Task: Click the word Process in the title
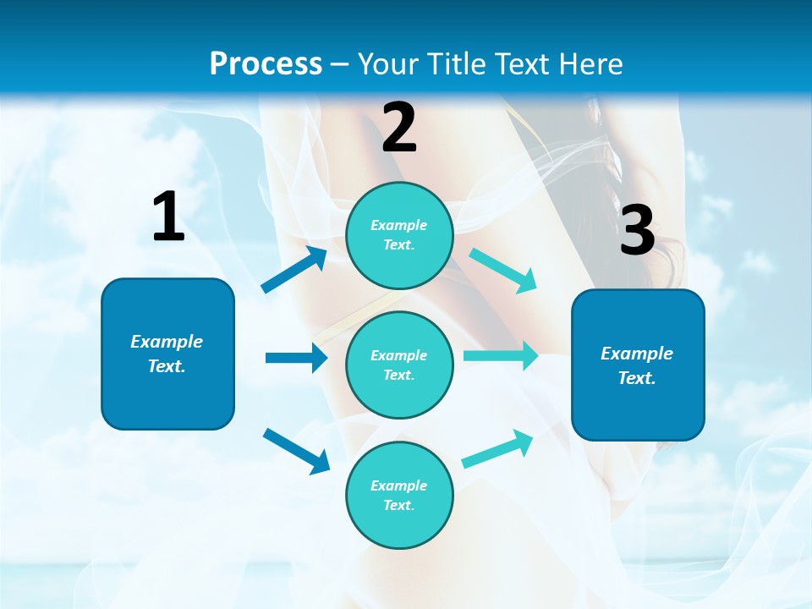coord(266,64)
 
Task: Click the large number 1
coord(167,217)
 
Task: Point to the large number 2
coord(399,128)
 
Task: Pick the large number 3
coord(637,230)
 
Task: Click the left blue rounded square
coord(167,354)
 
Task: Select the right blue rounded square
coord(638,365)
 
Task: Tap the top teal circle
coord(399,235)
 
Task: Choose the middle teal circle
coord(399,365)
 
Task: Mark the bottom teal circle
coord(399,495)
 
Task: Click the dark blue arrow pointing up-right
coord(295,270)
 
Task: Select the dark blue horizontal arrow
coord(296,358)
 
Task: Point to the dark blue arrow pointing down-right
coord(296,451)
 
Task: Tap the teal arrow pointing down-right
coord(503,271)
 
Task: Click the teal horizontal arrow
coord(501,355)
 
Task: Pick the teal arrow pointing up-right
coord(498,448)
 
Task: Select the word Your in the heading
coord(386,64)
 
